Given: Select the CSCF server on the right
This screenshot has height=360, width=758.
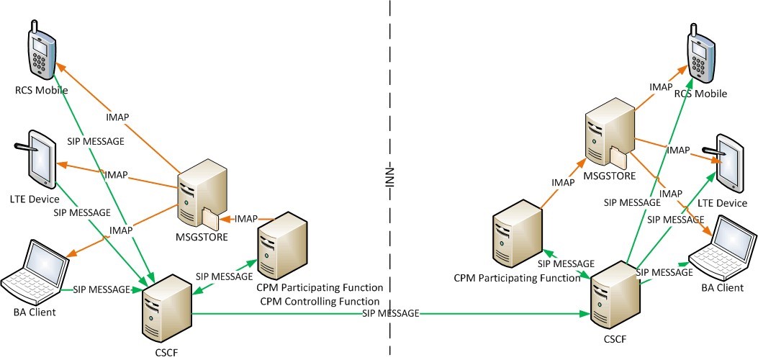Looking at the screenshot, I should click(613, 296).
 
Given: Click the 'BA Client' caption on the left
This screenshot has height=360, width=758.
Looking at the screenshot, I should click(34, 312).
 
